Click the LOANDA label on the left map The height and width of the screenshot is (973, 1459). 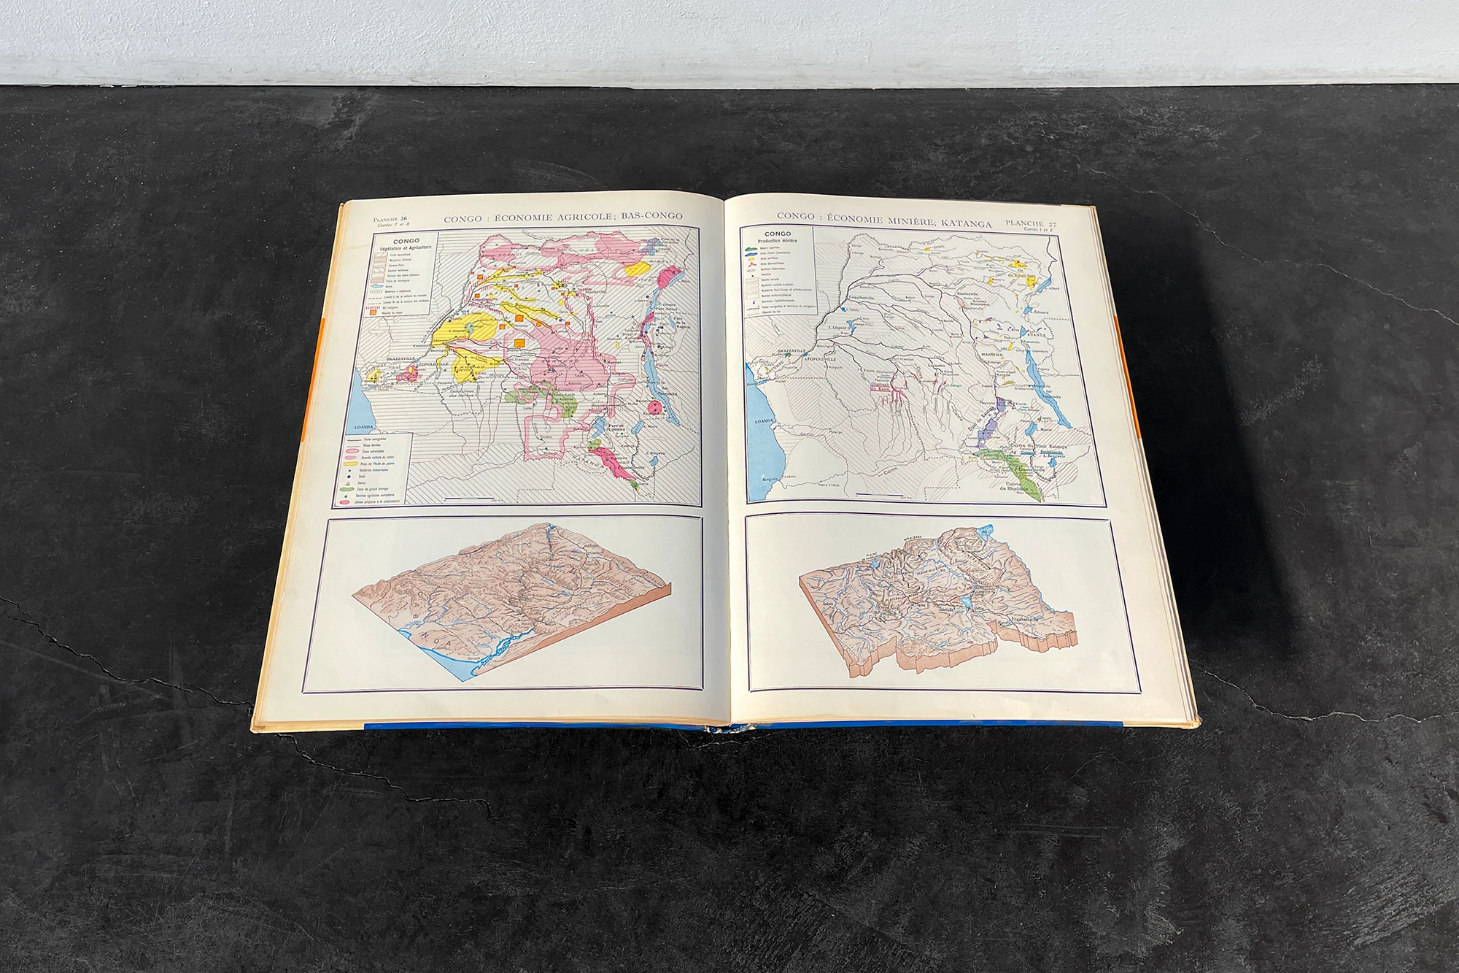coord(363,425)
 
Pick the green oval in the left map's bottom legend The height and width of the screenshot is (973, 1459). coord(347,488)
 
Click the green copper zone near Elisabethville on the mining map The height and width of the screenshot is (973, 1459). coord(1010,463)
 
